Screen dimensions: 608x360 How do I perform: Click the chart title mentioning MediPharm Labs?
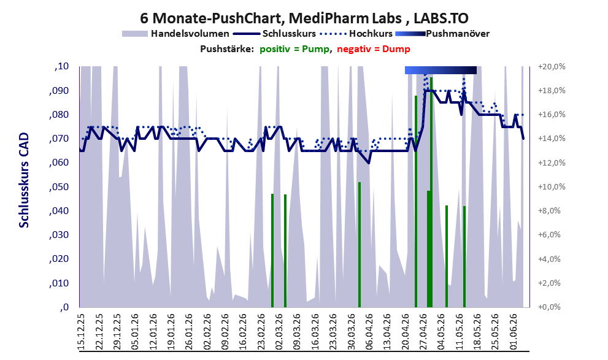304,18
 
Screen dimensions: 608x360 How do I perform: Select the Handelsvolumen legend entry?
175,34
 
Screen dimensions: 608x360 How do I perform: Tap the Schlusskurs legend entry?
274,34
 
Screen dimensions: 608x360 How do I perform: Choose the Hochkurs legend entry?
356,34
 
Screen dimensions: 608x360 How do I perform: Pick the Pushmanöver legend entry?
442,34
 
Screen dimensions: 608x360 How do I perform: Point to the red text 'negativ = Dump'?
374,49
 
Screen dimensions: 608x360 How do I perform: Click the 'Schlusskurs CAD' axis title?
24,180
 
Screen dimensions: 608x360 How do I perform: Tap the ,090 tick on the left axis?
59,91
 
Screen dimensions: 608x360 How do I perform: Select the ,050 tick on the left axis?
59,187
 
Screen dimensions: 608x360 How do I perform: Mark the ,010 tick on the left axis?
59,283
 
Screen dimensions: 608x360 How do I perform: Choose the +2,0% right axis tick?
550,283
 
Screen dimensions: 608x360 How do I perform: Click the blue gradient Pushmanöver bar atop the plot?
441,70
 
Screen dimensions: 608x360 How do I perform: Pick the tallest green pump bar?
431,192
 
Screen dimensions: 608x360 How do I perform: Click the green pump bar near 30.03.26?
360,245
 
